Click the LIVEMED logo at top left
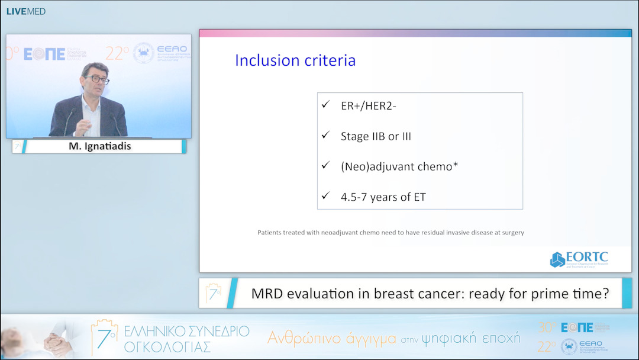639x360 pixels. pos(25,11)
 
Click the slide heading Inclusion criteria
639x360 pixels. pos(295,60)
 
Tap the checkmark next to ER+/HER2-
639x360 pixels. pos(325,104)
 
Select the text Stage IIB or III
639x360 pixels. pos(376,136)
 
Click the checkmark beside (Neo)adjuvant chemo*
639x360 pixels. pos(325,166)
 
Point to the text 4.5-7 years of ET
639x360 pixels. pos(383,197)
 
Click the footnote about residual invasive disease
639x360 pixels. pos(390,233)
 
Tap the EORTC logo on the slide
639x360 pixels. pos(579,259)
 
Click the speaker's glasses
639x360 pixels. pos(96,79)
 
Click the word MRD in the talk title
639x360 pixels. pos(269,294)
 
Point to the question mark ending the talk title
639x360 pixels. pos(605,294)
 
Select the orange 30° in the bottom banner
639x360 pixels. pos(547,327)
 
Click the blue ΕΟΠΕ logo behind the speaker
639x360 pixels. pos(44,55)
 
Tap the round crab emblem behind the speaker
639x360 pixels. pos(144,53)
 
